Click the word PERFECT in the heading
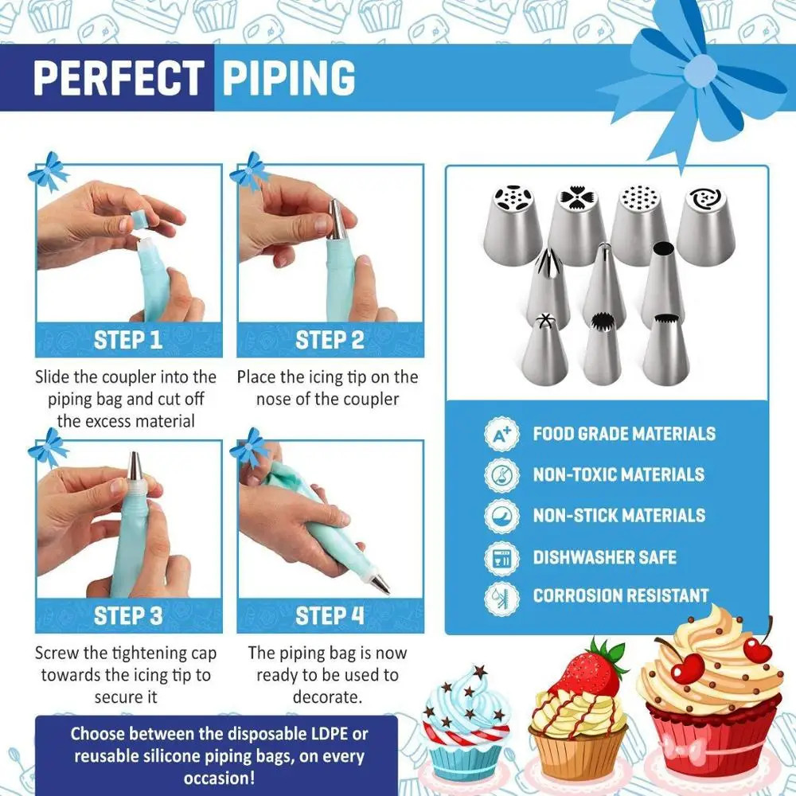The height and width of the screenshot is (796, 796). tap(118, 77)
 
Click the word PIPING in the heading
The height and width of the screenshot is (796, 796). tap(288, 77)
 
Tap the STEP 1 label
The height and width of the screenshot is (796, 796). tap(128, 340)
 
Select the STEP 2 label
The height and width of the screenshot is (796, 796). tap(330, 340)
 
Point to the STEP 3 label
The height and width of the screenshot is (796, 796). tap(128, 615)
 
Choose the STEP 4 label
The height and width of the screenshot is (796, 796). tap(330, 615)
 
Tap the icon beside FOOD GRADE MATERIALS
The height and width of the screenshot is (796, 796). tap(501, 435)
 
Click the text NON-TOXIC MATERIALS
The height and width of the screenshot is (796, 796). tap(618, 474)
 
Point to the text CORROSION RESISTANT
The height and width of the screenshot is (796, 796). tap(621, 595)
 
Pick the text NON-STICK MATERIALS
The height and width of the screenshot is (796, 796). tap(618, 515)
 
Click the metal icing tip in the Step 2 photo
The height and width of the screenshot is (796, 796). tap(337, 218)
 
